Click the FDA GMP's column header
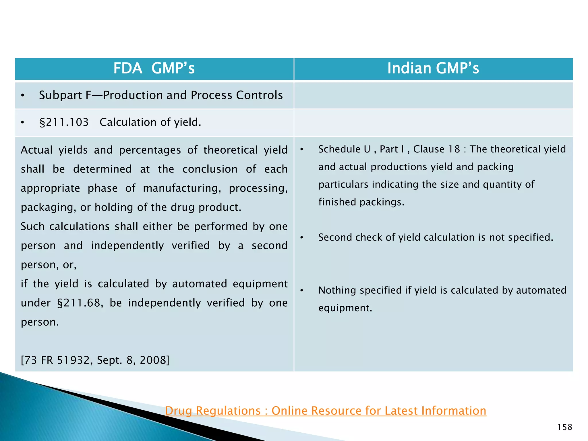[154, 69]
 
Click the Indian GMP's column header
[433, 69]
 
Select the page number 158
[564, 427]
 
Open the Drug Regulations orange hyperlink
[326, 411]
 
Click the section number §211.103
[64, 123]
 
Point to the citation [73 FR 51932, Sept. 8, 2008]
[95, 360]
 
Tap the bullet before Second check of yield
[301, 238]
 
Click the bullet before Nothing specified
[301, 291]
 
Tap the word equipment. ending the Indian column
[345, 308]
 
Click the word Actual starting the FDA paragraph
[36, 150]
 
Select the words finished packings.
[361, 202]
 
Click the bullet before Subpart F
[23, 96]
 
